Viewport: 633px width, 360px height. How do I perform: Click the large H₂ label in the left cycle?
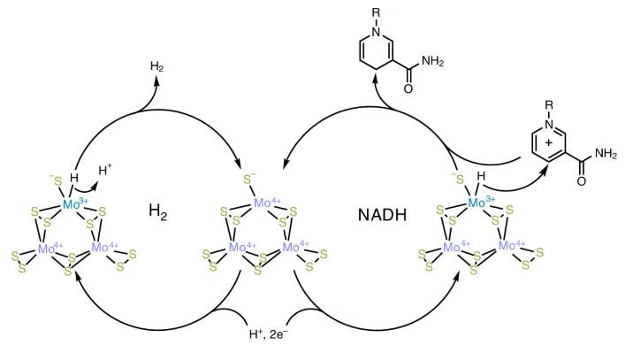(159, 213)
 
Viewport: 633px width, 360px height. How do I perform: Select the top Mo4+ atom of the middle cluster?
(267, 204)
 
